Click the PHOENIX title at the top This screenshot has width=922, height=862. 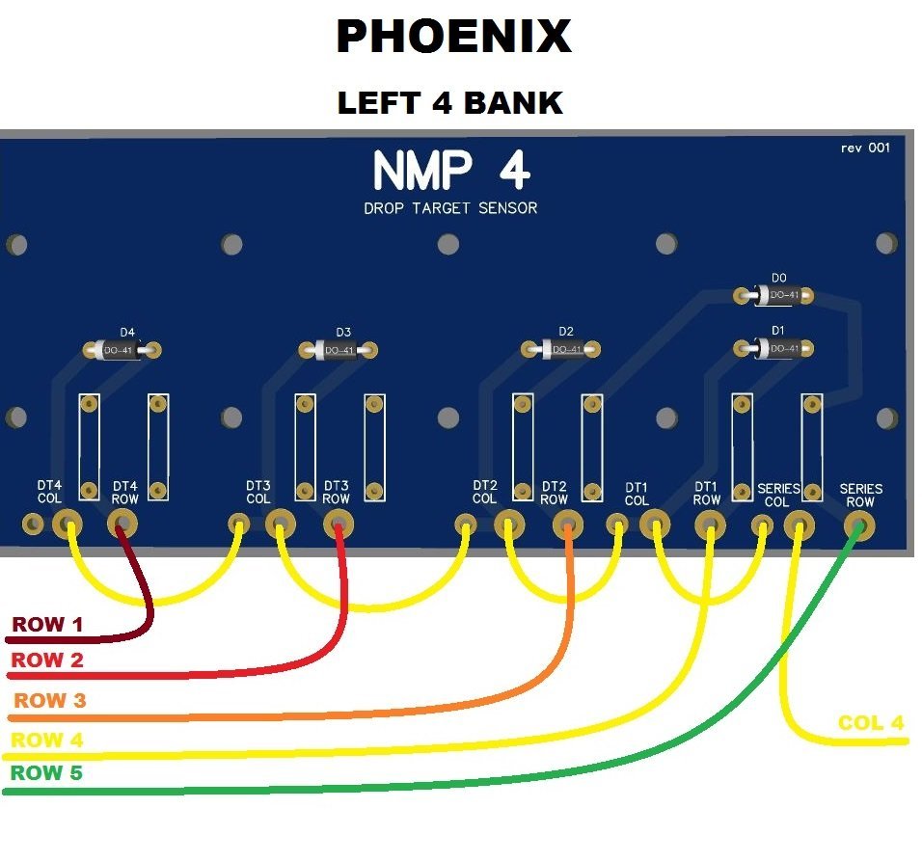tap(452, 38)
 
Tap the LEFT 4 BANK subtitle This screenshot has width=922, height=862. tap(449, 102)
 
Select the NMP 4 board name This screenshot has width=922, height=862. tap(450, 172)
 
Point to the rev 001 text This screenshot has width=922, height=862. tap(865, 148)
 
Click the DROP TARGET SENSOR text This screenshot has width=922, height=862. tap(450, 208)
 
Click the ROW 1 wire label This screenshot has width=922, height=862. tap(47, 625)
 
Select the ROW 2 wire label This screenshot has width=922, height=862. tap(47, 660)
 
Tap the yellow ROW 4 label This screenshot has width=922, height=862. tap(47, 741)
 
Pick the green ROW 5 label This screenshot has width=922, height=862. tap(47, 773)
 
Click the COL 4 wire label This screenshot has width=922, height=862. tap(872, 723)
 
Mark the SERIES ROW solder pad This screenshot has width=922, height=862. tap(857, 525)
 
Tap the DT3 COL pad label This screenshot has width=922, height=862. tap(258, 492)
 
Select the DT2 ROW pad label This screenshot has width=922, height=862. tap(554, 493)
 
